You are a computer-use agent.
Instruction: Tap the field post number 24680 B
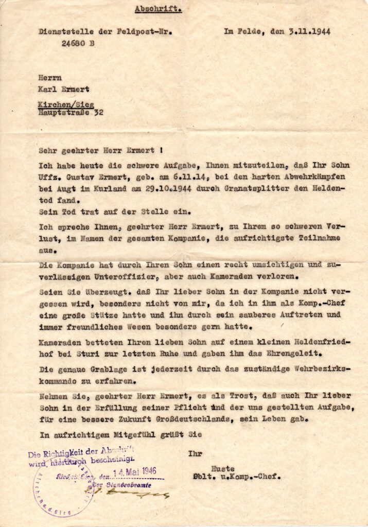(x=78, y=43)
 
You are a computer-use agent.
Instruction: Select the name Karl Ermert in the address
(x=63, y=89)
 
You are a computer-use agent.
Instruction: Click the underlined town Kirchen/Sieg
(x=66, y=104)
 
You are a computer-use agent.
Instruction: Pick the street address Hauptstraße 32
(x=72, y=111)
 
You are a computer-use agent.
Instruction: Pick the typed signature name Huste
(x=226, y=468)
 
